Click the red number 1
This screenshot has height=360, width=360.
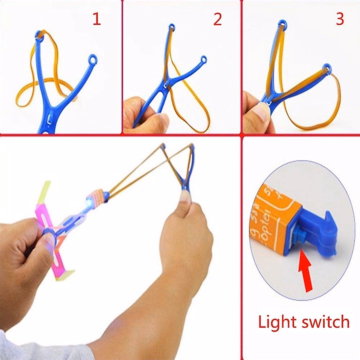97,19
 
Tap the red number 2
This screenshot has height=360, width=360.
217,19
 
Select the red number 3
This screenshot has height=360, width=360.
339,19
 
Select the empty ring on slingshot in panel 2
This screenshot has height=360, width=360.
204,59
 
